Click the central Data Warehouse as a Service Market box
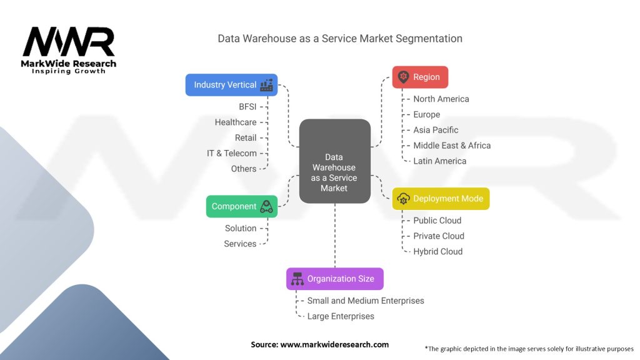click(334, 161)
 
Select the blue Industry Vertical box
click(231, 85)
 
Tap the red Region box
click(420, 77)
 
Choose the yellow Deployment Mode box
click(441, 199)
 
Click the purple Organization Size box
click(334, 279)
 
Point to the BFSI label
click(247, 107)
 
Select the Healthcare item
click(236, 122)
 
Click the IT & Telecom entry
click(232, 153)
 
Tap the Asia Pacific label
click(436, 130)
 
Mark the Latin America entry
click(439, 161)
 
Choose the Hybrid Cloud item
click(437, 251)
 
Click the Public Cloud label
click(437, 221)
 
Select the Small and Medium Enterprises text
click(365, 301)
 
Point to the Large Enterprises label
click(341, 316)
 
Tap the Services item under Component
click(240, 244)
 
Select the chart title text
click(340, 39)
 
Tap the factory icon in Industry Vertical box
click(267, 85)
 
